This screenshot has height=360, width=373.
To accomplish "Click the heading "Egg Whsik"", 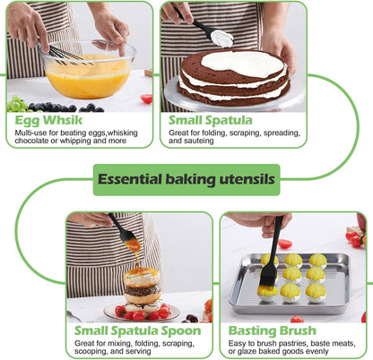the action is tap(48, 120).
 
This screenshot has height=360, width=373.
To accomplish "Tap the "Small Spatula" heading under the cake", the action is tap(211, 120).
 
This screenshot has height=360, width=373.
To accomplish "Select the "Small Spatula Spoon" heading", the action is tap(138, 331).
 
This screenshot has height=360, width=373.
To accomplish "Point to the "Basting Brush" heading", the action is tap(273, 330).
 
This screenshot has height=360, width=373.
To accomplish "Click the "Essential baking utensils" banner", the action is tap(186, 180).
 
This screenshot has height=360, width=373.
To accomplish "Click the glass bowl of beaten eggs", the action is tap(89, 69).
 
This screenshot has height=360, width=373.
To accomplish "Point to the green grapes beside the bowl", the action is tap(17, 103).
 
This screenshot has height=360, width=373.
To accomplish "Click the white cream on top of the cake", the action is tap(243, 64).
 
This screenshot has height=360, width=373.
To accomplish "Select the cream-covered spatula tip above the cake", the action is tap(221, 39).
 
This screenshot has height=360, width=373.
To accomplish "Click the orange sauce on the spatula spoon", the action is tap(133, 245).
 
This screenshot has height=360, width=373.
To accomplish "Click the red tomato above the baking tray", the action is tap(285, 244).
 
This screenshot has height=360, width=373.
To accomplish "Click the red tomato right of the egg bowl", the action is tap(146, 99).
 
